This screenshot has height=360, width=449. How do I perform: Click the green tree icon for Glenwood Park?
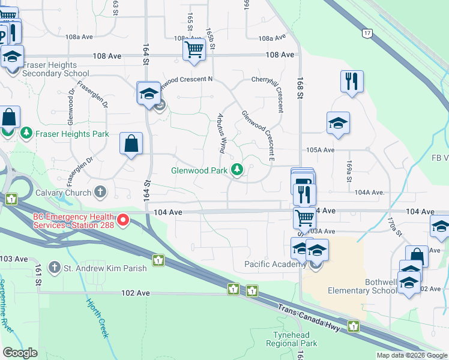238,170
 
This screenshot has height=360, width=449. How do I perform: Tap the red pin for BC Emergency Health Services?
123,220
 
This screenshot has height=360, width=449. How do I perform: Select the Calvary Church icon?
100,193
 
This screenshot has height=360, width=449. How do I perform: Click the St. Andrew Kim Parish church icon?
55,268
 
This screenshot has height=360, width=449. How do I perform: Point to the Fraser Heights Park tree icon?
26,132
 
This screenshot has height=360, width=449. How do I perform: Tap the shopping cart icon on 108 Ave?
194,50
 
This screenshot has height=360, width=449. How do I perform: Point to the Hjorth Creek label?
97,318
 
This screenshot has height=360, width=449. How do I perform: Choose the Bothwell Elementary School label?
362,286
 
